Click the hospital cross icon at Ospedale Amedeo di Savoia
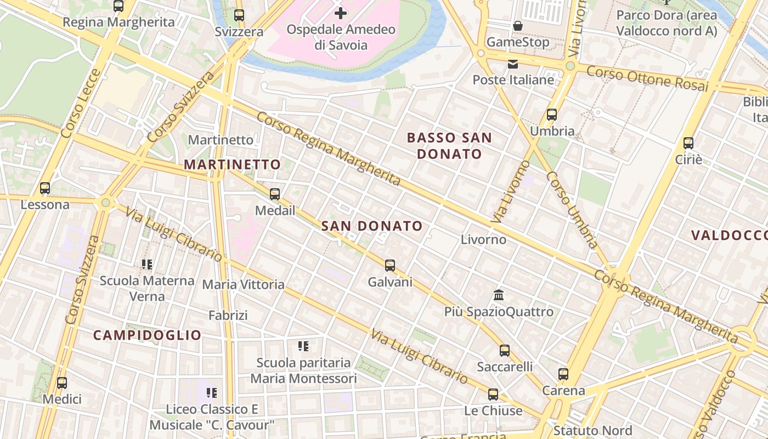[x=341, y=13]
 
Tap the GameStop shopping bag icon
[x=517, y=26]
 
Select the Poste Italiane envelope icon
[x=513, y=64]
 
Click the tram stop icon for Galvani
[x=390, y=266]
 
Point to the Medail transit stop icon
[x=275, y=194]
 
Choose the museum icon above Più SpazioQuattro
[x=499, y=295]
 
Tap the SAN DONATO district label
[x=372, y=226]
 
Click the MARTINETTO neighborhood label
[x=232, y=164]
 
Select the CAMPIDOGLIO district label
[x=147, y=335]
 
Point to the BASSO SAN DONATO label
[x=449, y=145]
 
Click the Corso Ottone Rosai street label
[x=647, y=78]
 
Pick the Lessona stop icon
[x=45, y=188]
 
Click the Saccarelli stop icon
[x=505, y=350]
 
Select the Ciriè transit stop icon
[x=688, y=143]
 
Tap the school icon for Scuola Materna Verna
[x=147, y=264]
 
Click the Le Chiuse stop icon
[x=493, y=394]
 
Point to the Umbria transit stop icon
[x=552, y=115]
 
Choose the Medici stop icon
[x=62, y=382]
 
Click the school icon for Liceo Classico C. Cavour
[x=212, y=392]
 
